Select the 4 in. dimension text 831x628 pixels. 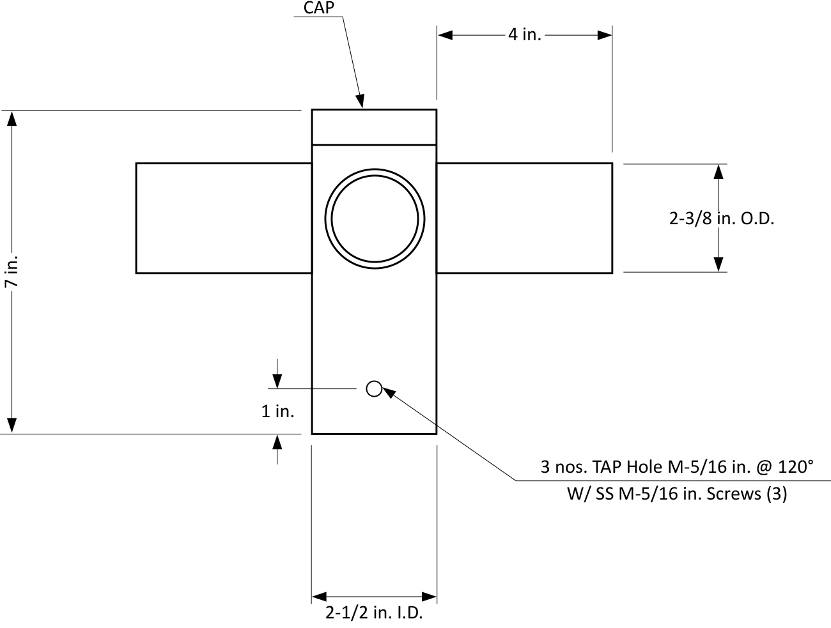click(x=524, y=34)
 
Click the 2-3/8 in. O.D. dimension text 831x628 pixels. click(x=722, y=218)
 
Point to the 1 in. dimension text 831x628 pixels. click(x=277, y=411)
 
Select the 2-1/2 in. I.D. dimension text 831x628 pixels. click(x=374, y=613)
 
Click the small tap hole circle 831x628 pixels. click(x=374, y=388)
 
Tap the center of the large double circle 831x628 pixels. click(x=375, y=217)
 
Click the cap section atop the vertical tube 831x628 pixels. click(x=374, y=126)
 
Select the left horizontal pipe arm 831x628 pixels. click(x=223, y=218)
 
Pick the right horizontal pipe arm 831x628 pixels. click(x=524, y=218)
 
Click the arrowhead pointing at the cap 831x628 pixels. click(x=361, y=100)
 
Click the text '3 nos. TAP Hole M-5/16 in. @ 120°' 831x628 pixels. click(x=677, y=467)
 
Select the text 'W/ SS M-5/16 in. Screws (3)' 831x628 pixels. click(x=677, y=494)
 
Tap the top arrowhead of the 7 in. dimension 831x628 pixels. click(x=11, y=118)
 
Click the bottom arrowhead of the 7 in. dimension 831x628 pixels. click(x=11, y=425)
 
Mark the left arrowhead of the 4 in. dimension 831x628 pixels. click(x=445, y=35)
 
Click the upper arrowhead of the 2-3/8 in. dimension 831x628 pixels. click(x=718, y=172)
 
